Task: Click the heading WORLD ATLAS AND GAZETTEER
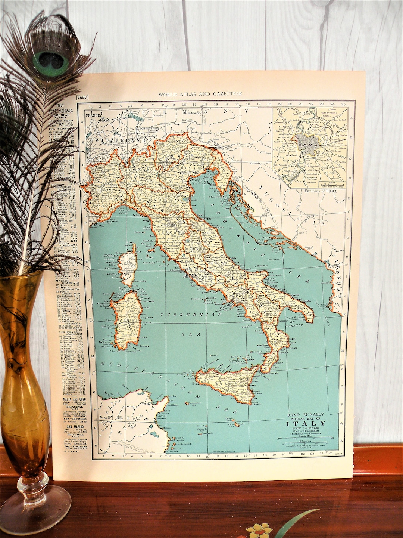(200, 94)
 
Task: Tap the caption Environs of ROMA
(310, 191)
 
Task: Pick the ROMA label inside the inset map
(309, 145)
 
